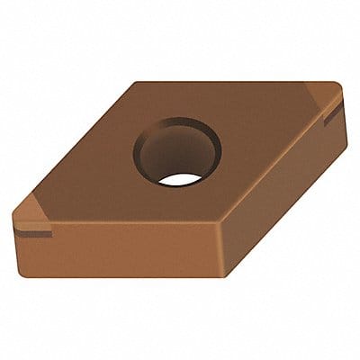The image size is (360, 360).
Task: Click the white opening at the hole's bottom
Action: click(178, 177)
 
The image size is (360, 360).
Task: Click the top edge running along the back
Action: click(234, 83)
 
